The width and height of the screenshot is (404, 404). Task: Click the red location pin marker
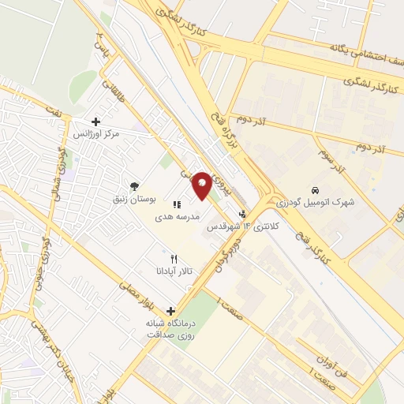pyautogui.click(x=202, y=185)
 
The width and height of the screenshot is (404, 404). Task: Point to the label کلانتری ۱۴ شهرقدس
pyautogui.click(x=234, y=226)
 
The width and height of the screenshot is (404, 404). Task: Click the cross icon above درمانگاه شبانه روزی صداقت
pyautogui.click(x=170, y=311)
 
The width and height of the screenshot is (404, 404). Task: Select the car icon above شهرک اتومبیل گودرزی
pyautogui.click(x=315, y=190)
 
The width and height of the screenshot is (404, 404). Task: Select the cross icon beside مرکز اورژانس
pyautogui.click(x=95, y=122)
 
